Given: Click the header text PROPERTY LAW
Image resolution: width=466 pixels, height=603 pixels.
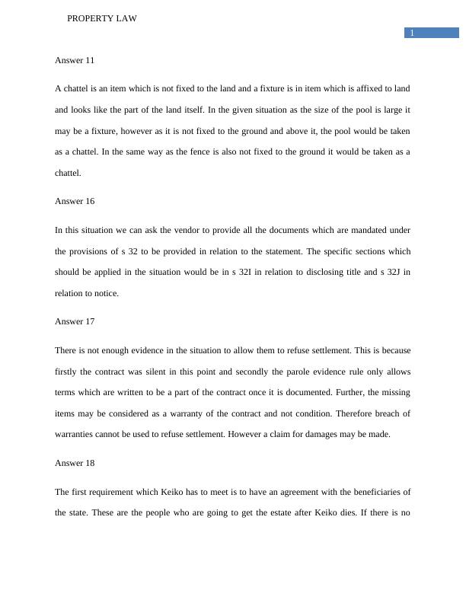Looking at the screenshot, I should pyautogui.click(x=102, y=18).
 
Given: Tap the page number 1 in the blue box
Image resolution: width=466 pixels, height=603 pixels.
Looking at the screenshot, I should pyautogui.click(x=412, y=33).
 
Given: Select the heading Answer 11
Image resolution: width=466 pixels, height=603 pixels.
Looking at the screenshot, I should pyautogui.click(x=75, y=59).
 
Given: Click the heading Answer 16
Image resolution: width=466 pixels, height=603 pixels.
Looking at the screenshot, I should pyautogui.click(x=75, y=201).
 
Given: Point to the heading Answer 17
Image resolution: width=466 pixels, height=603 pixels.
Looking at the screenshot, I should pyautogui.click(x=75, y=321).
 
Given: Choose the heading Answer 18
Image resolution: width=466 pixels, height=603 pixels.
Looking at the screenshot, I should pyautogui.click(x=75, y=463).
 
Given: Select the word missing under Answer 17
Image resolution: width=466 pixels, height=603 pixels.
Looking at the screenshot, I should pyautogui.click(x=394, y=392).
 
